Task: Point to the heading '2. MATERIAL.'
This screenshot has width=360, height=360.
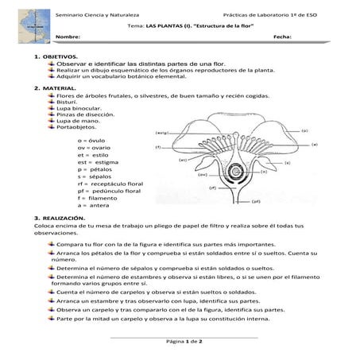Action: [x=53, y=87]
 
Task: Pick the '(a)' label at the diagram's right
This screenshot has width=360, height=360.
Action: [x=314, y=144]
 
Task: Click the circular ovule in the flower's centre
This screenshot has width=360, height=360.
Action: [x=236, y=171]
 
